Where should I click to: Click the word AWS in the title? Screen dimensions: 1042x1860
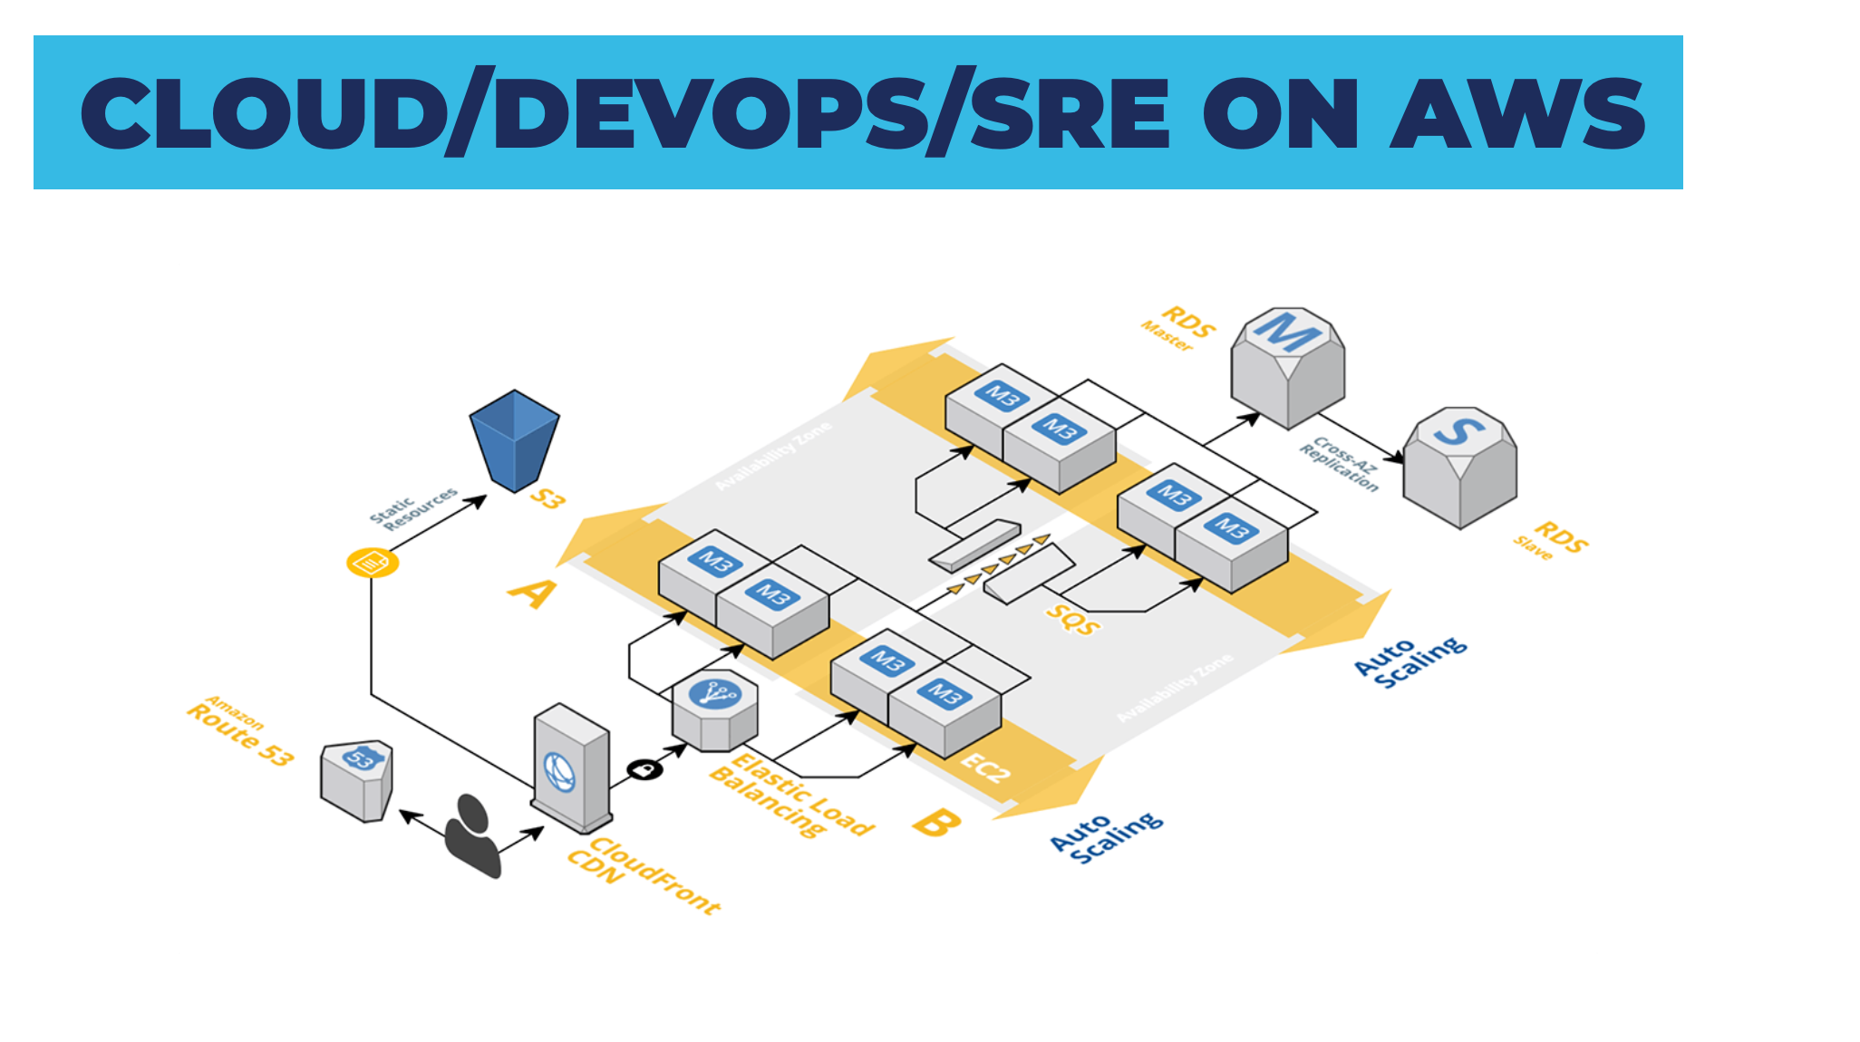tap(1518, 113)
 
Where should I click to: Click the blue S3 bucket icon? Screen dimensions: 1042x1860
tap(514, 439)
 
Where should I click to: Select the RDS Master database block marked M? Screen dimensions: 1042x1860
tap(1287, 367)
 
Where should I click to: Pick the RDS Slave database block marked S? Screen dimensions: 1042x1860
tap(1459, 467)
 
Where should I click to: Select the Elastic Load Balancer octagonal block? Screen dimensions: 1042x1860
tap(715, 710)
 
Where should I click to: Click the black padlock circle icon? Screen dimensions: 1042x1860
tap(644, 769)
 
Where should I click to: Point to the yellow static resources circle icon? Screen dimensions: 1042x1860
tap(373, 563)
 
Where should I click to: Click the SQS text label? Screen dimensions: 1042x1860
tap(1073, 620)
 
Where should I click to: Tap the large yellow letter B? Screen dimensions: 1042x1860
tap(935, 823)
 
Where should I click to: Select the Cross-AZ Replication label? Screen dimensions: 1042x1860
tap(1340, 464)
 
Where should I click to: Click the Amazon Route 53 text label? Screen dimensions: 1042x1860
tap(239, 730)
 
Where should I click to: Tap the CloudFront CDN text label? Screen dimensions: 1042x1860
tap(643, 874)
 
